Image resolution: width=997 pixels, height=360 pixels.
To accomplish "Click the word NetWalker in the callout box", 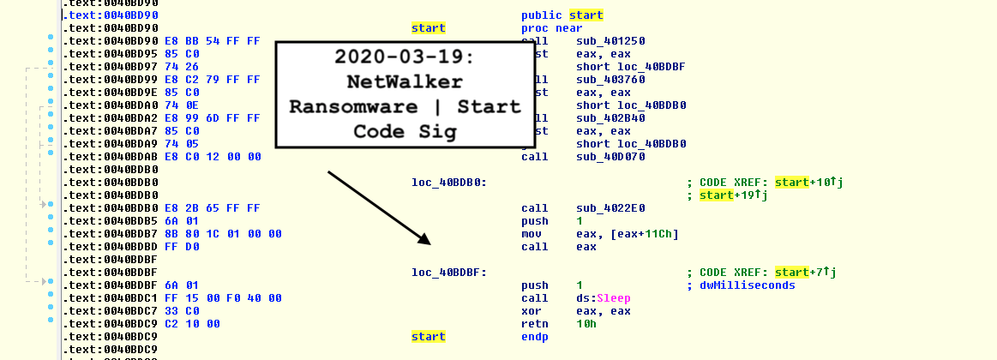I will coord(405,82).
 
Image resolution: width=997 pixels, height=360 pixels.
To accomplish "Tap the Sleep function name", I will coord(613,298).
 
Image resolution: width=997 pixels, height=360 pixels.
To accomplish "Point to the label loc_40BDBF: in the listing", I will coord(449,273).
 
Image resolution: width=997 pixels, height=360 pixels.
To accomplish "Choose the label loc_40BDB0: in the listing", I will coord(449,183).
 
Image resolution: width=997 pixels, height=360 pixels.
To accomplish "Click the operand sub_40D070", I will coord(610,157).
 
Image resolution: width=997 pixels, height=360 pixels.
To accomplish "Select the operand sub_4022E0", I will coord(610,208).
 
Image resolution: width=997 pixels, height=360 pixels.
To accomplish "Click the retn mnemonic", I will coord(535,324).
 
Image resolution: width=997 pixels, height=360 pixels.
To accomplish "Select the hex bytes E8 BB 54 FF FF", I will coord(215,41).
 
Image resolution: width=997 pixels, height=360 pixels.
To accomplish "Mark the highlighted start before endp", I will coord(428,337).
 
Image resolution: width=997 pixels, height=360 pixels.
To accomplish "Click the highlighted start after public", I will coord(586,15).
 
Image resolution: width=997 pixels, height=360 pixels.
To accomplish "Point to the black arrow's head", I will coord(423,239).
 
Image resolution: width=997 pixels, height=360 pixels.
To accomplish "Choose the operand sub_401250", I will coord(610,41).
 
